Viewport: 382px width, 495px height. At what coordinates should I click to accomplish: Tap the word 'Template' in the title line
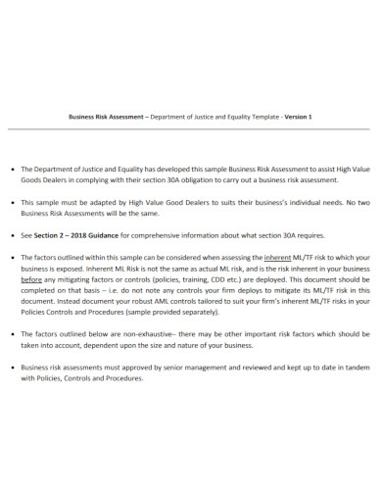[255, 117]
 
